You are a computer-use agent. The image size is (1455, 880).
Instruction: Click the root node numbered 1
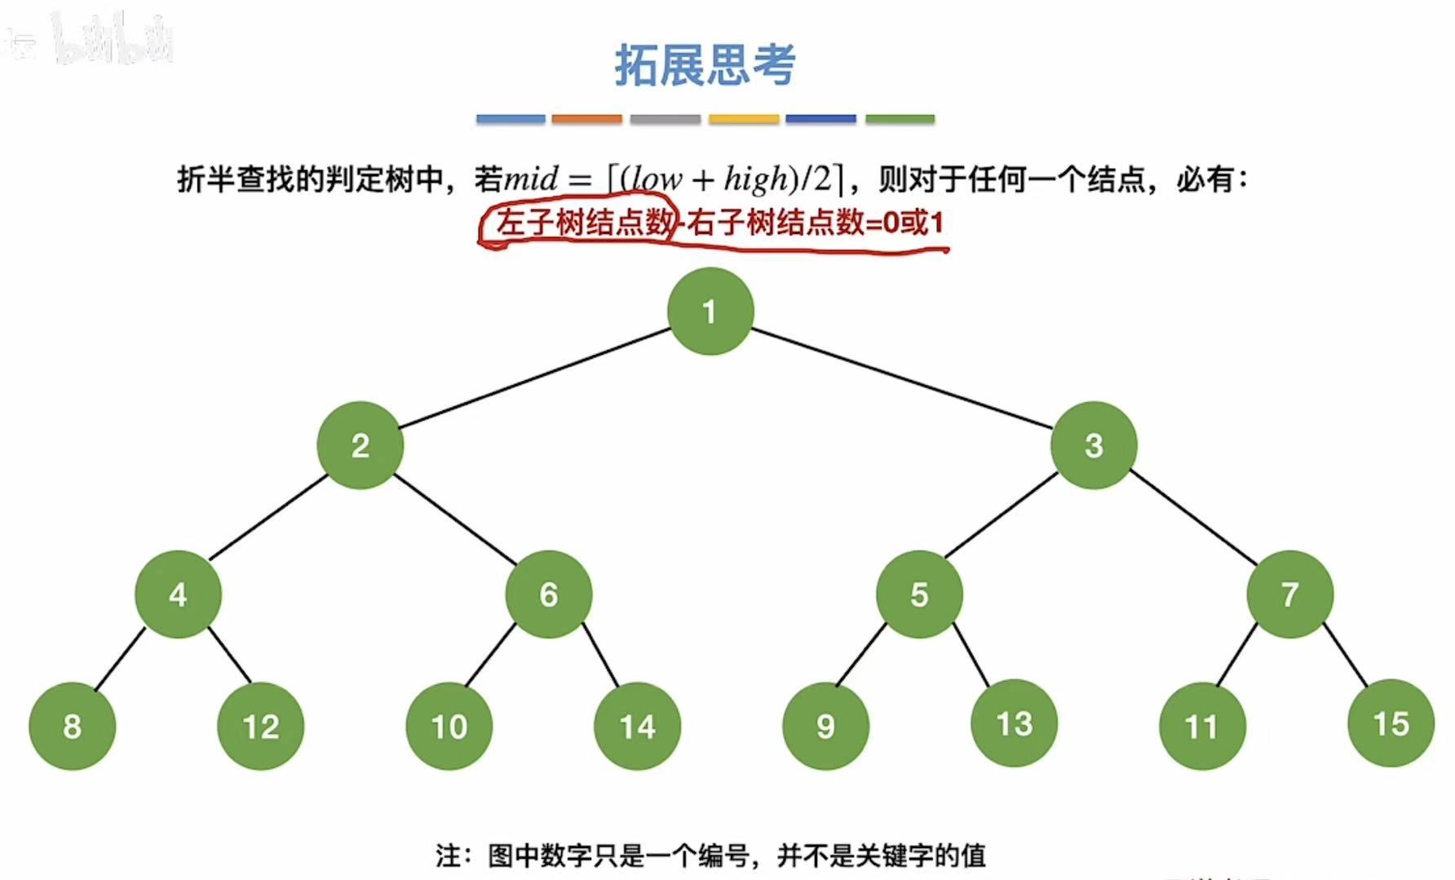point(710,311)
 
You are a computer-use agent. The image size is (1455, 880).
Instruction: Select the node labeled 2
point(360,445)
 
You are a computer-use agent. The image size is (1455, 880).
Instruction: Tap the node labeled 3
point(1093,445)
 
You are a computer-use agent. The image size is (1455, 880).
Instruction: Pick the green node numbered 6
point(548,595)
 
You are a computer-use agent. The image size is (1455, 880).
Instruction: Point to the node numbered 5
point(919,595)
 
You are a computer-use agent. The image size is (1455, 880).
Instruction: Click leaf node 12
point(260,726)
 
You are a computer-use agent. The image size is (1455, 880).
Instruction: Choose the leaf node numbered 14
point(637,726)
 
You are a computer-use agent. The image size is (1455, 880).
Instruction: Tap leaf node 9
point(825,726)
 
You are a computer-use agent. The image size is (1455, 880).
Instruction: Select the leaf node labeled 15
point(1391,723)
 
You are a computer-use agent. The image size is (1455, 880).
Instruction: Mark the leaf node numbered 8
point(72,726)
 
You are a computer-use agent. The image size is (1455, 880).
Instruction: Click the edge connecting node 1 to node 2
point(534,378)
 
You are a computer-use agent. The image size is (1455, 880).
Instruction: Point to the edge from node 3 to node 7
point(1192,518)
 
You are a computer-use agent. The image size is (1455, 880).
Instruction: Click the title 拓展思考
point(705,64)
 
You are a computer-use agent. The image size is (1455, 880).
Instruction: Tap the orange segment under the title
point(586,119)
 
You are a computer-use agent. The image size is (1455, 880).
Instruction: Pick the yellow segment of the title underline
point(744,119)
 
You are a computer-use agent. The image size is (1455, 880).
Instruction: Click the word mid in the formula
point(531,179)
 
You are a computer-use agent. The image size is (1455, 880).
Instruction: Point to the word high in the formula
point(756,179)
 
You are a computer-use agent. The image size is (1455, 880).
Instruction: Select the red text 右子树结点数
point(775,222)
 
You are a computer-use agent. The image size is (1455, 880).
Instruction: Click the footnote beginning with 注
point(710,856)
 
